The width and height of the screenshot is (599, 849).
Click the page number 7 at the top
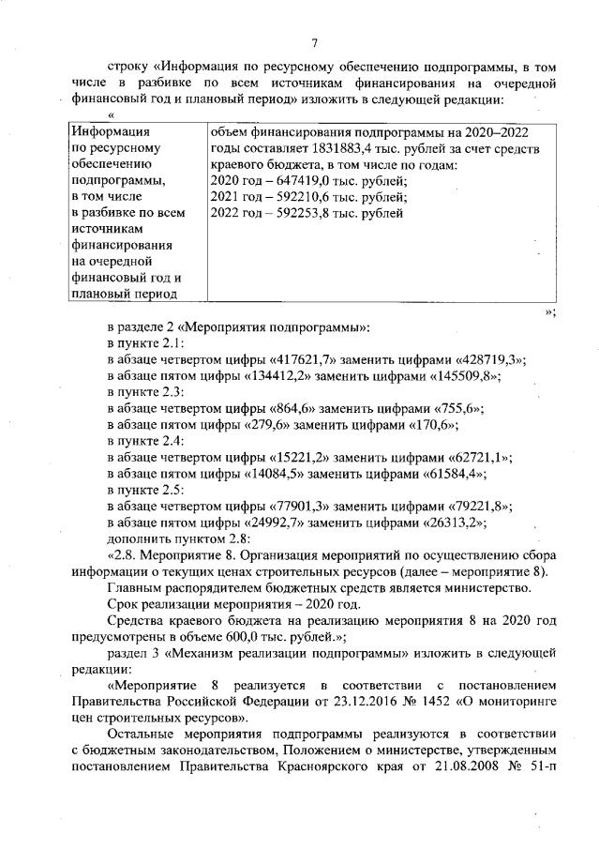click(315, 40)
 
